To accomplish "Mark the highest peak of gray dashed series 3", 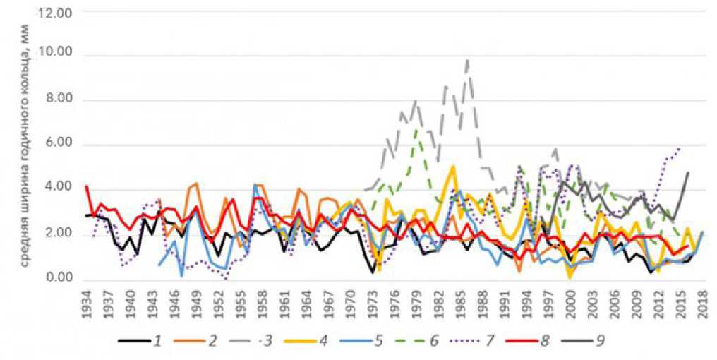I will (467, 59).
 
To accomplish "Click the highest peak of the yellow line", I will (452, 167).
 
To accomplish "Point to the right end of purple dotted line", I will (680, 149).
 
